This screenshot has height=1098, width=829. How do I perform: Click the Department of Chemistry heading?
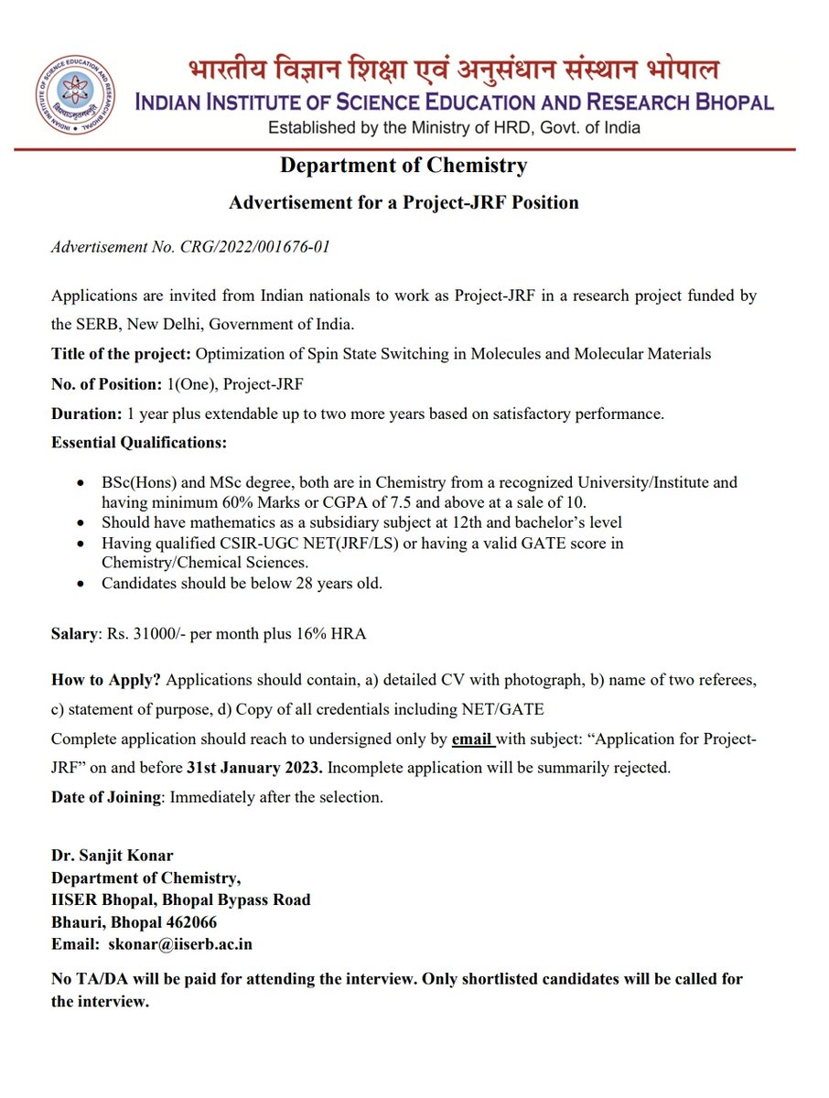pos(404,166)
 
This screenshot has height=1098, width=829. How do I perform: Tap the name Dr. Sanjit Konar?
pos(112,856)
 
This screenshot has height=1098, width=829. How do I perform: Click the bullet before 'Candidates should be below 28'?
pos(83,583)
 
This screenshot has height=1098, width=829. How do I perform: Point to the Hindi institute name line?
pos(454,70)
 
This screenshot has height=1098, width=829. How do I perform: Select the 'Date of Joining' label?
pos(106,797)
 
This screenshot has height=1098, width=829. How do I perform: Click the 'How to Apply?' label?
pos(107,681)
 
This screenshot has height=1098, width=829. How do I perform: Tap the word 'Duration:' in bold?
pos(86,413)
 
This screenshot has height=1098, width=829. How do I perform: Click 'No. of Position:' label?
pos(107,383)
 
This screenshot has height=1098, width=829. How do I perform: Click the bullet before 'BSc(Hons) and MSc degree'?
pos(83,482)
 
